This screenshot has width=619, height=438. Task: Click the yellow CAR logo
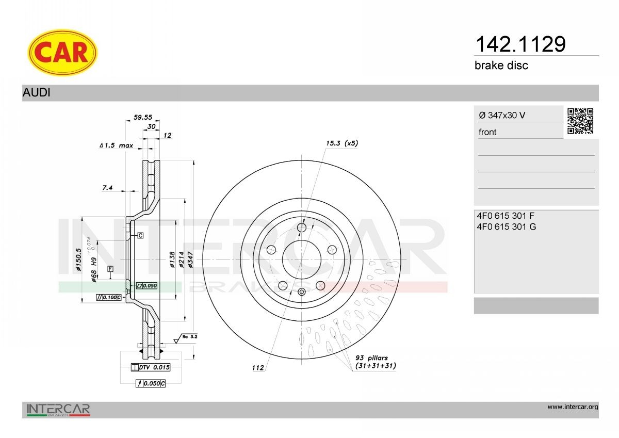pyautogui.click(x=62, y=52)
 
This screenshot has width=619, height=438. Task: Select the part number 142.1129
pyautogui.click(x=520, y=44)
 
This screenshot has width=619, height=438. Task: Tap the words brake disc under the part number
pyautogui.click(x=501, y=66)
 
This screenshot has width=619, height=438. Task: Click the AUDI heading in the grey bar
pyautogui.click(x=36, y=93)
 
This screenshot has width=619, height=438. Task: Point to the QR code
pyautogui.click(x=580, y=121)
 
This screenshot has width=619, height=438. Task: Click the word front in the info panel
pyautogui.click(x=487, y=132)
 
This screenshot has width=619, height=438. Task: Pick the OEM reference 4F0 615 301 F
pyautogui.click(x=506, y=216)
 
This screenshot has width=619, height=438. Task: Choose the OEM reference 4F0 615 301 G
pyautogui.click(x=507, y=226)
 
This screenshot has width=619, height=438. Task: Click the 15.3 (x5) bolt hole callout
pyautogui.click(x=341, y=143)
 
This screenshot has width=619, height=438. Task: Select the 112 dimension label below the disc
pyautogui.click(x=258, y=368)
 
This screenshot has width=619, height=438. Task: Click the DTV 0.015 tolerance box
pyautogui.click(x=151, y=367)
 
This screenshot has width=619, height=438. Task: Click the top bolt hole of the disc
pyautogui.click(x=302, y=228)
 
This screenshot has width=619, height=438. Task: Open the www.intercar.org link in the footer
pyautogui.click(x=573, y=407)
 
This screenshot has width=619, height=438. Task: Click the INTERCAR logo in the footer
pyautogui.click(x=58, y=410)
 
